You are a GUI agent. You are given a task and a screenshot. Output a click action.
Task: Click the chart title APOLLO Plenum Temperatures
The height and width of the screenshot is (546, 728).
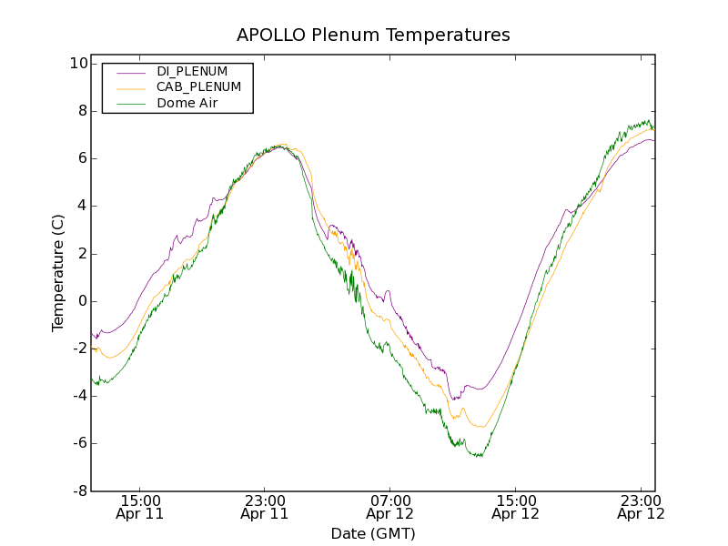point(373,35)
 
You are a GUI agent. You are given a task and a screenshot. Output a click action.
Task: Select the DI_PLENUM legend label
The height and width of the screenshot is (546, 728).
point(192,71)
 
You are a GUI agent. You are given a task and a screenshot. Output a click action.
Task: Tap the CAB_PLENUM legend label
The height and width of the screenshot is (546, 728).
point(198,87)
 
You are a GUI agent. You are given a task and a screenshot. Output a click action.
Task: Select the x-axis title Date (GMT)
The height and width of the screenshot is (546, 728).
point(373,533)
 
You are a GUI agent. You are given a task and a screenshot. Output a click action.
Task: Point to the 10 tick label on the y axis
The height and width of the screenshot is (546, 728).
point(78,64)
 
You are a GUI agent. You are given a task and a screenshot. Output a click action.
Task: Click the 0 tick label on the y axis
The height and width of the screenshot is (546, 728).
point(82,301)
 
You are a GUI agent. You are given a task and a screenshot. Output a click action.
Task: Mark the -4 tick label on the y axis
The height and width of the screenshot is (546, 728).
point(78,396)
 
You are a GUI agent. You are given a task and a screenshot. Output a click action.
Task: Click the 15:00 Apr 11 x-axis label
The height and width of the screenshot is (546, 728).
point(140,507)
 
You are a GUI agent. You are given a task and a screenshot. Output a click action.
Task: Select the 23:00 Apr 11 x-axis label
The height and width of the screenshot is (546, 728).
point(265,507)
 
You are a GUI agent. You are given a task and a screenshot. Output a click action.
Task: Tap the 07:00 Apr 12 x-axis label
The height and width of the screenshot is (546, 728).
point(390,507)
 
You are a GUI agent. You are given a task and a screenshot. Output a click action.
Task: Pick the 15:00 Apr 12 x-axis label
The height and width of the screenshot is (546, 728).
point(515,507)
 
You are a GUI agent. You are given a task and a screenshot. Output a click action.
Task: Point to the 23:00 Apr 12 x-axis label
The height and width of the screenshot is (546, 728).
point(640,507)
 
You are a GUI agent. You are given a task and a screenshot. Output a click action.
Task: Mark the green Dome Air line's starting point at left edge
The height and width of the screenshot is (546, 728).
point(92,379)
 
